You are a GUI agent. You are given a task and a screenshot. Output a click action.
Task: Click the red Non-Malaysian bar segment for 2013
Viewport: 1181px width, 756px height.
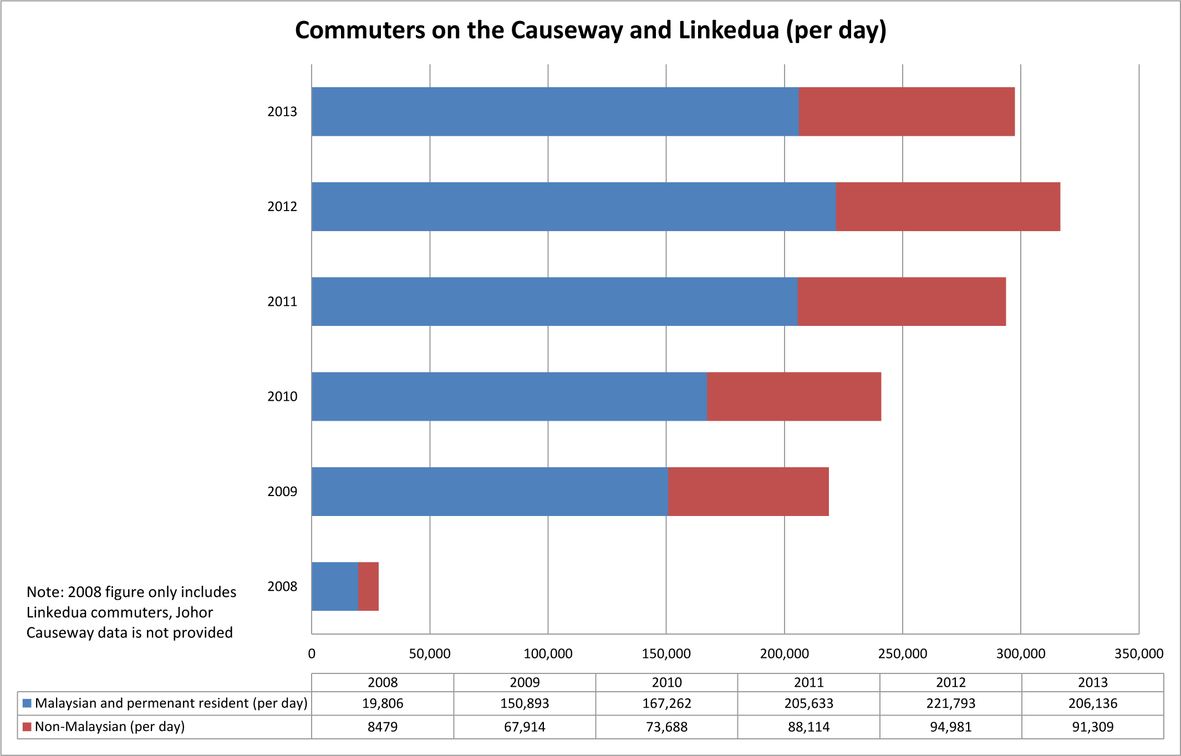pos(907,111)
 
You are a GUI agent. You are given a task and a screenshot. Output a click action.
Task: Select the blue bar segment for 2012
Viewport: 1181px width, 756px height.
pos(573,207)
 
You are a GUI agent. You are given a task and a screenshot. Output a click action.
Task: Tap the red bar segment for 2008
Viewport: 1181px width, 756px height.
pos(368,586)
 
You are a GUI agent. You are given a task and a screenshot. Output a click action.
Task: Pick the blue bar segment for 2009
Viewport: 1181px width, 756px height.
pos(490,492)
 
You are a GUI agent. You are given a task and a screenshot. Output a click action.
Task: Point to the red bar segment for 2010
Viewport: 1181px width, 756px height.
pos(794,396)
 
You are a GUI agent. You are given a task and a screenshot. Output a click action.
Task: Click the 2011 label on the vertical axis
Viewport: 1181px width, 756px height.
pos(282,302)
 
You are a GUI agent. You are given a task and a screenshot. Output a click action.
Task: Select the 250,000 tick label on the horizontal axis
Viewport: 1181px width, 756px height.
pos(902,654)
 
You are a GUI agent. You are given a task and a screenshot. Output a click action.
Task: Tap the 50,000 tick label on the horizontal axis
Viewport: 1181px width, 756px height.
pos(430,654)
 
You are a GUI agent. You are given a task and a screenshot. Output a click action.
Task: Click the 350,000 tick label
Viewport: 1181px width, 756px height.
pos(1138,654)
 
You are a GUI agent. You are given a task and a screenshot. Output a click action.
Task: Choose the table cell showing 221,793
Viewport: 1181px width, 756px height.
pos(950,703)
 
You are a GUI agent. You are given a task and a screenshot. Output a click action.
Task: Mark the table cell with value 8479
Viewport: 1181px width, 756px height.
pos(383,727)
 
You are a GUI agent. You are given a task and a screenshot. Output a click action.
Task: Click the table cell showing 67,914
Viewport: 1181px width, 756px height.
pos(525,727)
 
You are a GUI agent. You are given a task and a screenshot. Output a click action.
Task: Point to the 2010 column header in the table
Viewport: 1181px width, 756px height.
pos(666,682)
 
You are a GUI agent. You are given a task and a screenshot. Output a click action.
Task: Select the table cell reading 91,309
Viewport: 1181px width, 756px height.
pos(1092,727)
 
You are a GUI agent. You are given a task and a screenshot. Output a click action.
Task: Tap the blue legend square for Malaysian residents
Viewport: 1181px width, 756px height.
pos(27,703)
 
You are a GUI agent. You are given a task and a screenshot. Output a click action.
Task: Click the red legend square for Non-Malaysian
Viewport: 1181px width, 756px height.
pos(27,727)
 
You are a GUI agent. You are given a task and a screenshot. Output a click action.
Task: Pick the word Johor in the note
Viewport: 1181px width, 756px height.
pos(194,612)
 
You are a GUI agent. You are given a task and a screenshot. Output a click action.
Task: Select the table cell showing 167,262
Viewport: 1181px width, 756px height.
pos(666,703)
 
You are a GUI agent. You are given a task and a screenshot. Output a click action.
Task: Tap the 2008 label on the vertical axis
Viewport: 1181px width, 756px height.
pos(282,586)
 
